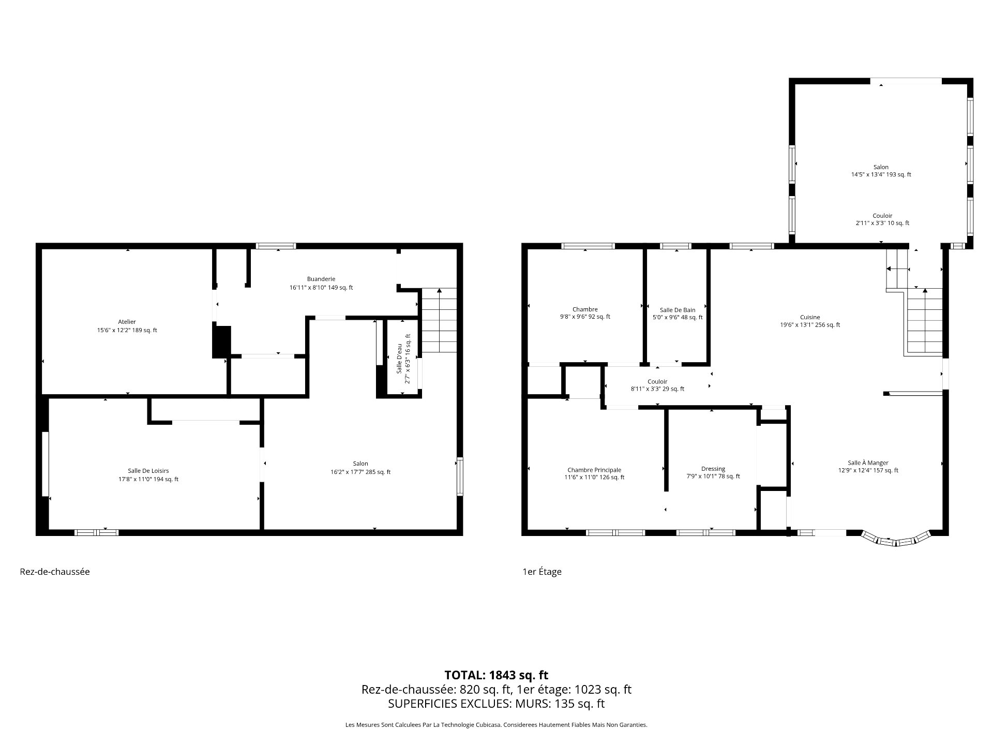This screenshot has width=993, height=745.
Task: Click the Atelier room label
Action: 127,322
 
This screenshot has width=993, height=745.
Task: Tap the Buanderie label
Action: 321,279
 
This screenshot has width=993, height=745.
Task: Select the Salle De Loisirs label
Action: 148,471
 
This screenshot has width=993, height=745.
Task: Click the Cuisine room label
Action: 810,317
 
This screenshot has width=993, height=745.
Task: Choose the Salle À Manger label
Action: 868,463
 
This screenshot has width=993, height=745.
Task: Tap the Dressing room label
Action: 713,469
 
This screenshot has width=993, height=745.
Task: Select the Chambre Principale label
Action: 594,470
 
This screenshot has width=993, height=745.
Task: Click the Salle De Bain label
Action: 678,310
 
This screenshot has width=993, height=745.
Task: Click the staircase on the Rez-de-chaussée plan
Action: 439,321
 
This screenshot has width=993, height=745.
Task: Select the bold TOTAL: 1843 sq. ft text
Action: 496,675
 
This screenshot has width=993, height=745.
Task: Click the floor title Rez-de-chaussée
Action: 55,572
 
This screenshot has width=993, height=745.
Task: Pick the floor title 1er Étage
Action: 542,572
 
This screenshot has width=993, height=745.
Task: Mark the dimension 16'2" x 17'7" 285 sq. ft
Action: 360,472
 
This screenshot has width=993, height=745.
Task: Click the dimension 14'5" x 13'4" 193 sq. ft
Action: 881,174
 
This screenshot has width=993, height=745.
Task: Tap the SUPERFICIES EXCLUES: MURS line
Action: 496,704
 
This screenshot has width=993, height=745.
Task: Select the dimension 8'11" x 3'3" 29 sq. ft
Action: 657,389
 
